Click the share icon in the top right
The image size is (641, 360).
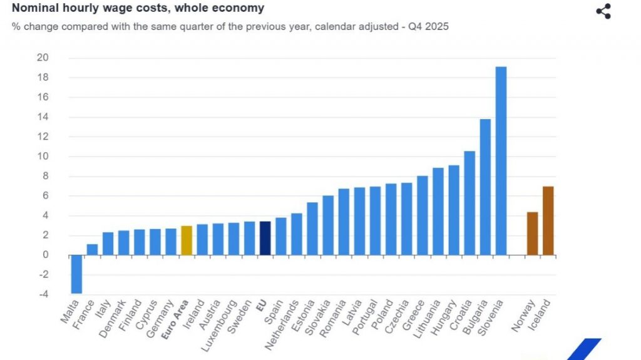603,11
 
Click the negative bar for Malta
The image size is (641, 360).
76,274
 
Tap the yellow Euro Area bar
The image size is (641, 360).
186,240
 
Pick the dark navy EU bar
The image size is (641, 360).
265,238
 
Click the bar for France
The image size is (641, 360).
92,249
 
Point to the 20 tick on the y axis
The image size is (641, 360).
43,58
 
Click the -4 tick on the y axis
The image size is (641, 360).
43,294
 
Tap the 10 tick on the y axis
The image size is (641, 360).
43,157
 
